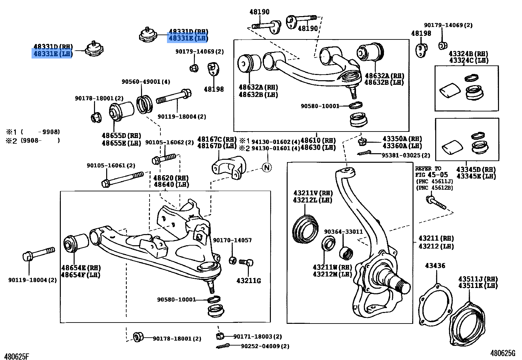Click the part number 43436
435,265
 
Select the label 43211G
249,281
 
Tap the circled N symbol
267,167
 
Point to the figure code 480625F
17,356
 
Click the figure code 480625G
503,353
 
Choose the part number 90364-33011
344,232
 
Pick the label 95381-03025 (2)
406,155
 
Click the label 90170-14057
232,240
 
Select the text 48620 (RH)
171,178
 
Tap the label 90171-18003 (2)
257,337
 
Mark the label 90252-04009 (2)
265,346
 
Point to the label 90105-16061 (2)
111,165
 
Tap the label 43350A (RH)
402,139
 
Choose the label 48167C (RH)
217,139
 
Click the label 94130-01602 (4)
275,142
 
